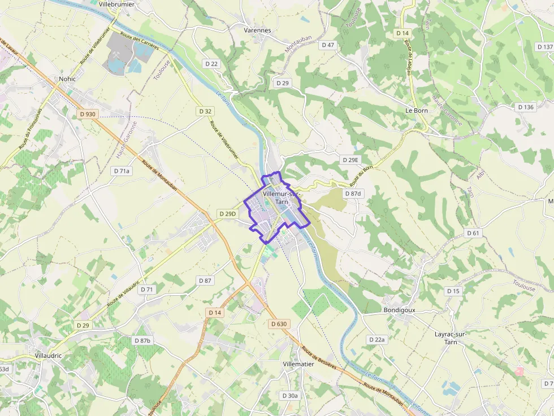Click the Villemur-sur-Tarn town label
pos(282,197)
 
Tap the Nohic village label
pos(68,79)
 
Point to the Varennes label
pos(257,30)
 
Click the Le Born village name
pos(417,111)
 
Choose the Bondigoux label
pos(399,310)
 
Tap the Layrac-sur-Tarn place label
pos(451,338)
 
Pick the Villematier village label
pos(298,365)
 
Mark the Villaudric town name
pos(48,356)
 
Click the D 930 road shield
pos(88,114)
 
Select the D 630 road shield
pos(279,324)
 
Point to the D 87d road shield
pos(353,194)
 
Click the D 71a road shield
pos(122,170)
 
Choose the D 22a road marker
pos(376,339)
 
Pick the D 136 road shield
pos(525,107)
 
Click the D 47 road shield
pos(328,45)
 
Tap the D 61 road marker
pos(473,233)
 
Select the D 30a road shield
pos(289,396)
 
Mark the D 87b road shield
pos(142,340)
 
